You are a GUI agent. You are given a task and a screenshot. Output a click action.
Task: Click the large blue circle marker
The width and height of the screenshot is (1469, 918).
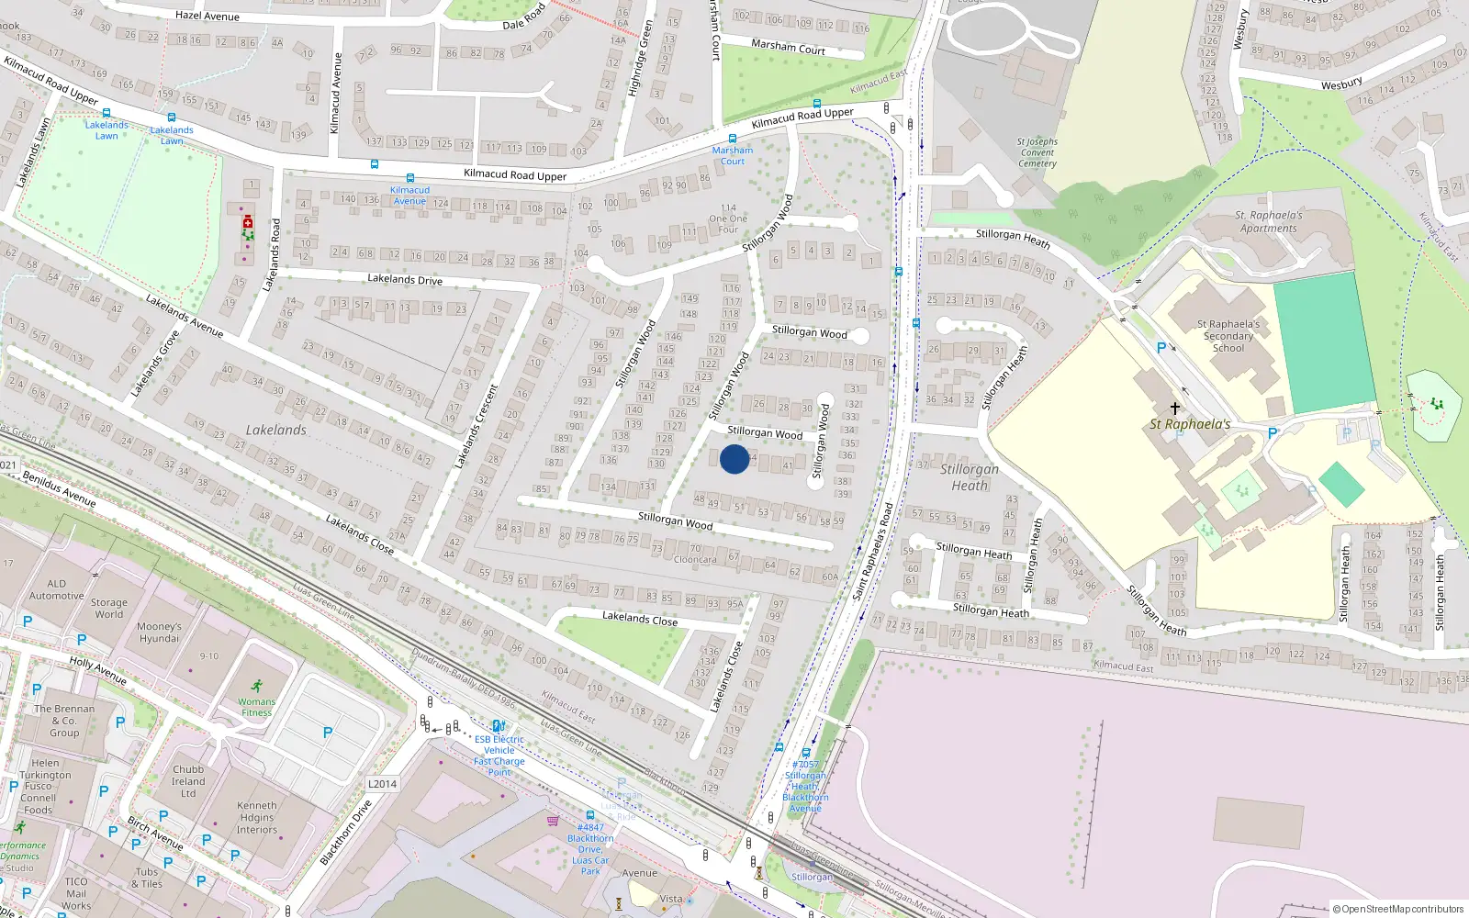click(734, 459)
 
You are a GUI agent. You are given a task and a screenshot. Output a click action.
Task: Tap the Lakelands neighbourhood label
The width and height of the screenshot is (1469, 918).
click(275, 430)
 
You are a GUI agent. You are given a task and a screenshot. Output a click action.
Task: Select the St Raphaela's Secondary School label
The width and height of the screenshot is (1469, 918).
click(1228, 336)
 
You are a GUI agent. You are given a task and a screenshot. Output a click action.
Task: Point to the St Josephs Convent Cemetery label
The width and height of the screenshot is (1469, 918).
click(1037, 152)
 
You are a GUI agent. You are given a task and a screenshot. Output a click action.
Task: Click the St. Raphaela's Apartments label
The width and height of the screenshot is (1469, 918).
click(1268, 222)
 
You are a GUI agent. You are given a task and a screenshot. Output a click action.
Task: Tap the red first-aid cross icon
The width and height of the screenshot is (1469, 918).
click(248, 222)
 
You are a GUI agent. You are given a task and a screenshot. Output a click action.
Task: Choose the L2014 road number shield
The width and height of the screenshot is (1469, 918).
click(382, 784)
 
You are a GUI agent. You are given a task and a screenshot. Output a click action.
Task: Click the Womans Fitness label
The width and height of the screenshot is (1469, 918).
click(256, 707)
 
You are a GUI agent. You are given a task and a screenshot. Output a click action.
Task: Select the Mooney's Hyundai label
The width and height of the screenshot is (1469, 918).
click(159, 633)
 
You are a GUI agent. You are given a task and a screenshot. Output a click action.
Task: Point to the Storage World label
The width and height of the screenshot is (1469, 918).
click(108, 609)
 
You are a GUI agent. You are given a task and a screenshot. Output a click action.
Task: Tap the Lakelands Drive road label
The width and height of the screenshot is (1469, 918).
click(404, 279)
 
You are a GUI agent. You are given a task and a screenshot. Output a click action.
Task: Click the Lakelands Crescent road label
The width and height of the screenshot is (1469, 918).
click(478, 427)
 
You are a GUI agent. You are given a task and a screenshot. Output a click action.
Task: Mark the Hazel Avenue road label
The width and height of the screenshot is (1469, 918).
click(207, 16)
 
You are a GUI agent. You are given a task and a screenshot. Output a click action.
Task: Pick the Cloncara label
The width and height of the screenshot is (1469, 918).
click(695, 559)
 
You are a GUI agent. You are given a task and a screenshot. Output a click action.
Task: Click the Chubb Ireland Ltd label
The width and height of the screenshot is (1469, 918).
click(188, 781)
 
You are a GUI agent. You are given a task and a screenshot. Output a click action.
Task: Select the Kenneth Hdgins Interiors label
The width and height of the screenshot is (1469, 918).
click(256, 817)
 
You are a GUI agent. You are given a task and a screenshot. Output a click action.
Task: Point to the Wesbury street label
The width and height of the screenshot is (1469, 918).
click(1341, 84)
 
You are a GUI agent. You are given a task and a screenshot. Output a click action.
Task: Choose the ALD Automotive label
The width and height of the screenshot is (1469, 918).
click(56, 589)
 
